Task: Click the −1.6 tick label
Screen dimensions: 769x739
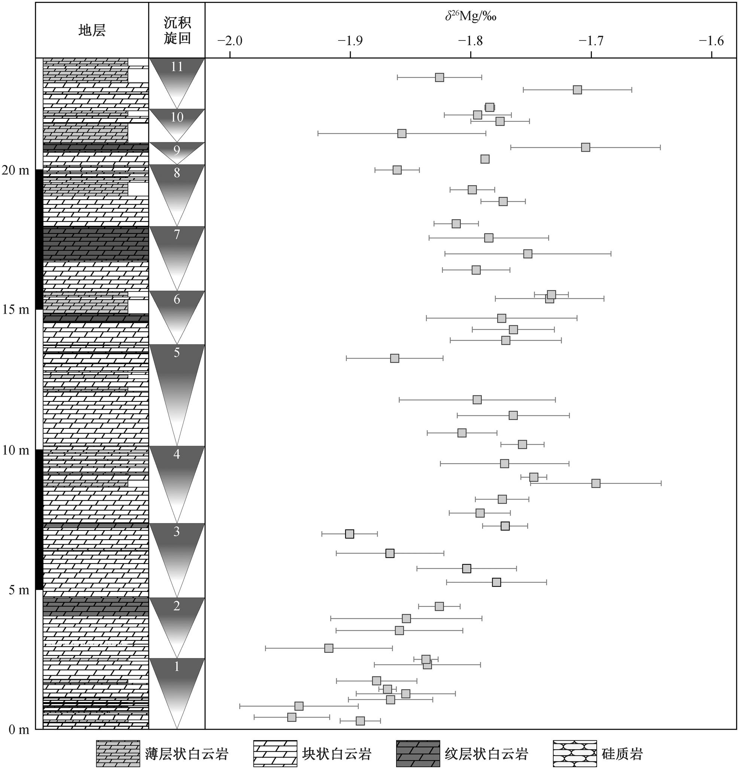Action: point(711,41)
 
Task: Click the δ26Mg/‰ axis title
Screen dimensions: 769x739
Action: point(471,17)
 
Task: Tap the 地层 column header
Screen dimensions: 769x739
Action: point(92,30)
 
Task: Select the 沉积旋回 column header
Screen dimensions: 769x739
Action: point(177,31)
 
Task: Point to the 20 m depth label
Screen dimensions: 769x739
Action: point(16,170)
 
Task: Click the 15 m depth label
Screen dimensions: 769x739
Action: point(16,310)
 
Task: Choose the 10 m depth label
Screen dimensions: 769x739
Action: point(16,450)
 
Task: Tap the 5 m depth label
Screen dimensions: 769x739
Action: point(19,590)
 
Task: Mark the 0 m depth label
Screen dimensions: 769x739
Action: point(19,730)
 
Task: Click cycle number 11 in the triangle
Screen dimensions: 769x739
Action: point(177,67)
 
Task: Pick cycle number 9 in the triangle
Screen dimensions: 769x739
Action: point(177,150)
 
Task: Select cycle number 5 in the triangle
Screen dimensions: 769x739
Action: point(177,353)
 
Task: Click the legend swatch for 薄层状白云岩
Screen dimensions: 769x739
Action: point(118,753)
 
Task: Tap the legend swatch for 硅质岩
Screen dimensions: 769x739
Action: point(574,753)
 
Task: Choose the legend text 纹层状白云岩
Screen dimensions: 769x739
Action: point(486,754)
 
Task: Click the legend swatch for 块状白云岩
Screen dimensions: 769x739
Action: point(275,753)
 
